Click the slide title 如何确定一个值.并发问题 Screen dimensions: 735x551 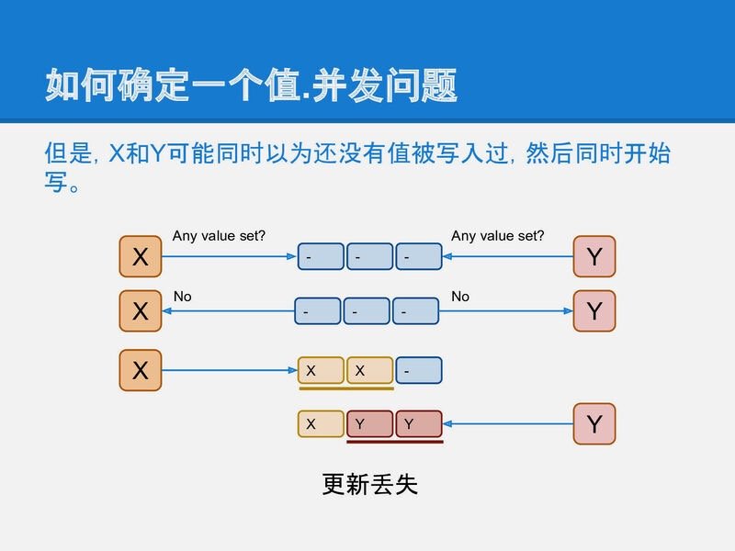251,84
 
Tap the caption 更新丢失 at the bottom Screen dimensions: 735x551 369,484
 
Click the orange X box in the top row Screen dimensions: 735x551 141,256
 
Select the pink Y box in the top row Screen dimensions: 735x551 594,256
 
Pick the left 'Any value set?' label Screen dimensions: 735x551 219,236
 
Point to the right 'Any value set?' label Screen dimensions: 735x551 497,236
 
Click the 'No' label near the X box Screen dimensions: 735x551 182,297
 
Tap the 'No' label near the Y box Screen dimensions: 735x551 460,297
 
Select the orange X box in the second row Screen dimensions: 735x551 141,310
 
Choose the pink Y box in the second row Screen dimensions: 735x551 594,310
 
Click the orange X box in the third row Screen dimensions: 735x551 141,370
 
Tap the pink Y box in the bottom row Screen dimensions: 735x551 594,424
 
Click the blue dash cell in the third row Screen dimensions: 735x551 419,370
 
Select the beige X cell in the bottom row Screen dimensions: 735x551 321,423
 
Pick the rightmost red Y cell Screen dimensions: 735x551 419,423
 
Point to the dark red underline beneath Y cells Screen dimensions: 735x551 395,442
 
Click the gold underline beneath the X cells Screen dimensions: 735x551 346,388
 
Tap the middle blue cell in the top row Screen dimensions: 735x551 370,256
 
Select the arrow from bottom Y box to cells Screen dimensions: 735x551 508,424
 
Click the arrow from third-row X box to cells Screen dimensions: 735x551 230,370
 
